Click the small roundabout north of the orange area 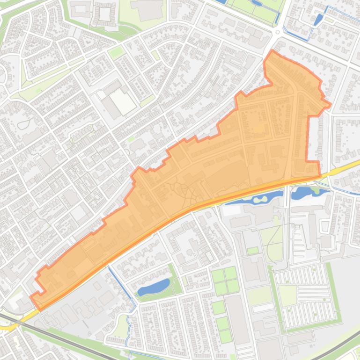tap(278, 32)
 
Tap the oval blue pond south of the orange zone tap(153, 287)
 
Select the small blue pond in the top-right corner tap(318, 20)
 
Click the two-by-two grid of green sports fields tap(225, 280)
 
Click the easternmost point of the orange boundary tap(331, 104)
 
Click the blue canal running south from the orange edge tap(123, 285)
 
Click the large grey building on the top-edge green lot tap(147, 9)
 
